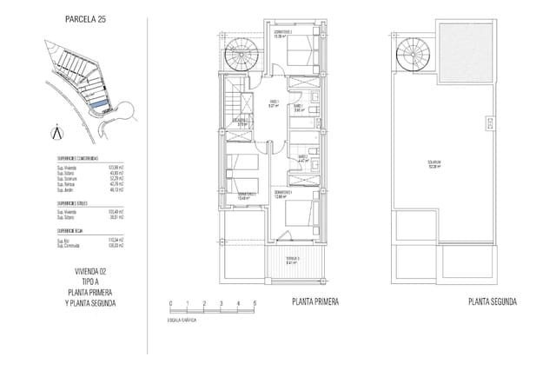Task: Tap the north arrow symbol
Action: [57, 132]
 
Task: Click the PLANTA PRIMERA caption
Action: [315, 302]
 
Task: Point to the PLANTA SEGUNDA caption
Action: [492, 302]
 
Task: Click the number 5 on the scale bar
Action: [255, 302]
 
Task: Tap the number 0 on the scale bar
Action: [172, 302]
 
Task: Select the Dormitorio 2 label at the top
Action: [281, 36]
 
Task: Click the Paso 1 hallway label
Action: [273, 104]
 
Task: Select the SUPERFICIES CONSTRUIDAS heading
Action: [78, 160]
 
